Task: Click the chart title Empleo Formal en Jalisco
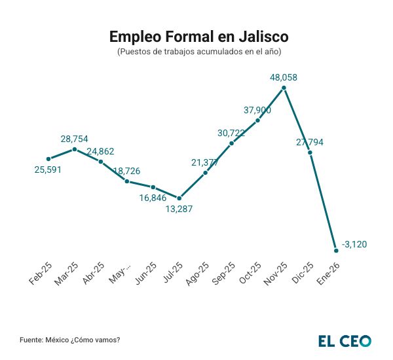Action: click(198, 36)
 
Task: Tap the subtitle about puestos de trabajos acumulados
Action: click(198, 52)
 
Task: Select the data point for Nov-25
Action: click(284, 87)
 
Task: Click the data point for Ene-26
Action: click(336, 250)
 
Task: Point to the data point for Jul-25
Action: click(179, 198)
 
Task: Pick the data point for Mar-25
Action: click(75, 149)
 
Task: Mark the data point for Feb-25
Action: click(48, 158)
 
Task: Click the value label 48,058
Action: click(284, 77)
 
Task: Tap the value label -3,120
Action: click(354, 244)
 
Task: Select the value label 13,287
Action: click(179, 209)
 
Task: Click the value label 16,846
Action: click(153, 198)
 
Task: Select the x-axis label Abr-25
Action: click(93, 274)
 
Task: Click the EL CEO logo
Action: click(345, 341)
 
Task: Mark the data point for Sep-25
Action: click(231, 143)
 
